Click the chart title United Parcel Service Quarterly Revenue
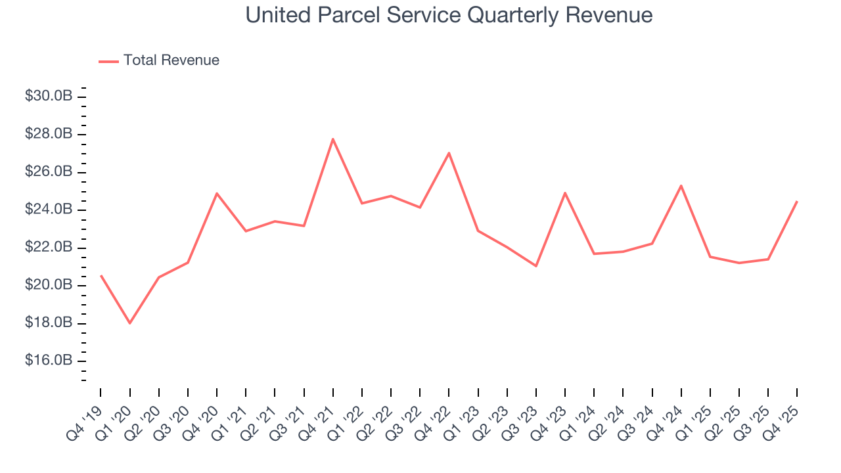point(449,15)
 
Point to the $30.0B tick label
point(49,97)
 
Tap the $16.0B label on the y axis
point(49,361)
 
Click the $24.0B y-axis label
point(49,210)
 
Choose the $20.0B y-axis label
point(49,285)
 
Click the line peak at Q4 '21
point(333,139)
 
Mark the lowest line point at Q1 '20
point(130,323)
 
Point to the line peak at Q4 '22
point(449,153)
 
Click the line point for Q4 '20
point(217,193)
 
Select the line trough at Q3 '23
point(536,266)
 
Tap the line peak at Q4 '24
point(681,185)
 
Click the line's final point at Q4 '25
point(797,202)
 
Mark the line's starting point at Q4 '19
point(101,276)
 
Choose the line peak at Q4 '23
point(565,192)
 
